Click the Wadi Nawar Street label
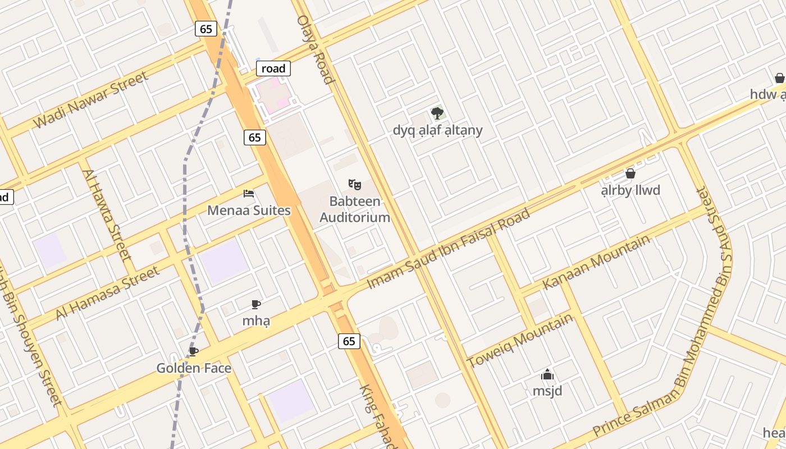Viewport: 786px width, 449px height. pos(90,100)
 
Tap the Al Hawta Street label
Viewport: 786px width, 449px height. pos(107,215)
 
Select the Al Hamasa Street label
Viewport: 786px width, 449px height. pos(107,294)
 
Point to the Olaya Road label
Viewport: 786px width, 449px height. pos(316,49)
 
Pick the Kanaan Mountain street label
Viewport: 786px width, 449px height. pos(596,262)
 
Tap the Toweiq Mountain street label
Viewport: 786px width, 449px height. pos(520,340)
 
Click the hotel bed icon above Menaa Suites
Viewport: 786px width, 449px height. pos(249,194)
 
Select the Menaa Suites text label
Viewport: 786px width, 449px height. pos(249,210)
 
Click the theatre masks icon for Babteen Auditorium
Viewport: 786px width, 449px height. pos(354,184)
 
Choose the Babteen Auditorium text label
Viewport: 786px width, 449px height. pos(355,209)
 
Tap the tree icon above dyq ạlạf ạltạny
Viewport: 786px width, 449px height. pos(437,113)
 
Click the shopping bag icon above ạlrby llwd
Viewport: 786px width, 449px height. pos(630,173)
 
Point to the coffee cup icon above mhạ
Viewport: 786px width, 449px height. pos(256,305)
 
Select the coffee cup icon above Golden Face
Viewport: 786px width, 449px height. pos(194,352)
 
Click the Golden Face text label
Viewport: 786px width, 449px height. pos(194,368)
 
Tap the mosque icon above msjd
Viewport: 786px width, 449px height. pos(547,374)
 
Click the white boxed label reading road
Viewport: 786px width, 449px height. pos(273,68)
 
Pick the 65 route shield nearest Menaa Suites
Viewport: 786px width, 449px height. pos(255,137)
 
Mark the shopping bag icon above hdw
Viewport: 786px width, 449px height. pos(779,78)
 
